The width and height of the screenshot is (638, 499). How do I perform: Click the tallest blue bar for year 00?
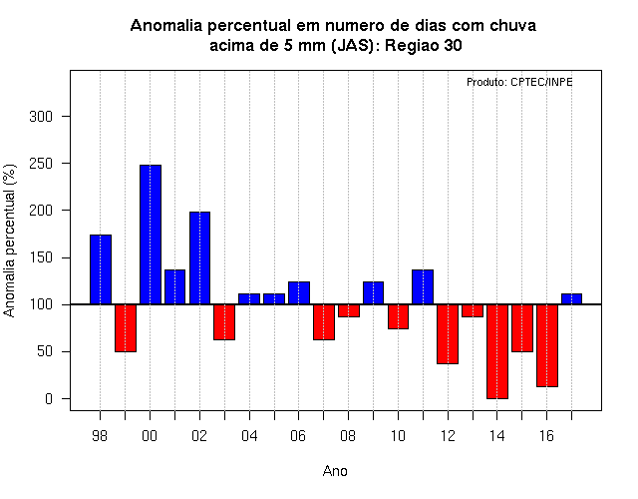coord(151,235)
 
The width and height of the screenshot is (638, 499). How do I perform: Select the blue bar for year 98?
coord(101,269)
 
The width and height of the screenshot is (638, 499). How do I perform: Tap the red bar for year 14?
coord(497,351)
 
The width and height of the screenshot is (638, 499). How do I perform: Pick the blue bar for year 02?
coord(199,258)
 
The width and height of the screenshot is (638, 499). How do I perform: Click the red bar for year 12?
coord(448,334)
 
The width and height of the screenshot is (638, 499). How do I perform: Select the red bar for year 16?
coord(547,345)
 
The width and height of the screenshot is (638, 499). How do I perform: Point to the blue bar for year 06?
coord(299,292)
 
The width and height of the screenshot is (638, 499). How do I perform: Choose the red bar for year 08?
coord(349,310)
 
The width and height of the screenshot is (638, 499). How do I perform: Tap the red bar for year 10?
coord(398,316)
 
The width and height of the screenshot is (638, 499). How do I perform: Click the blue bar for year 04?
coord(249,299)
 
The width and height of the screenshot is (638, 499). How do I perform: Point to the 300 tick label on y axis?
coord(41,117)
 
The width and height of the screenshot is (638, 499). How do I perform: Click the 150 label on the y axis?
coord(41,257)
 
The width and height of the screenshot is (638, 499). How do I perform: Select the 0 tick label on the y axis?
coord(49,399)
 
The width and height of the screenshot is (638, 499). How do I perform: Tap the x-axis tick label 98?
coord(100,436)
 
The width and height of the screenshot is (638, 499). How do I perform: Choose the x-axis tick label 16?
coord(546,436)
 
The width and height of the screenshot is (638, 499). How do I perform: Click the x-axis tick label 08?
coord(348,436)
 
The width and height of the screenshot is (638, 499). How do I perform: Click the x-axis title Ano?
coord(335,471)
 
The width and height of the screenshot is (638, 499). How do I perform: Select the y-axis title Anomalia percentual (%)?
coord(9,241)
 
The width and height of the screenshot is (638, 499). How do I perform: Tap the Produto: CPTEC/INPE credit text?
coord(519,82)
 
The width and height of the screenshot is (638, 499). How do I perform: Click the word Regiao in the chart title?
coord(412,46)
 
